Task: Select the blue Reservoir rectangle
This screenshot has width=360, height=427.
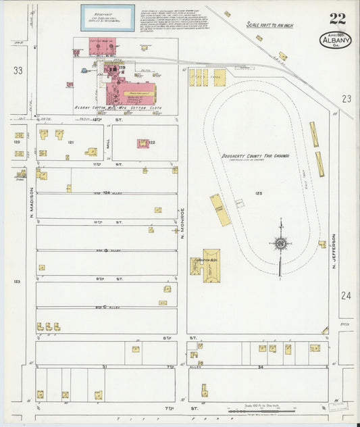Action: pyautogui.click(x=108, y=18)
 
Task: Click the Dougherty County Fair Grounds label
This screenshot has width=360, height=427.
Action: pyautogui.click(x=255, y=157)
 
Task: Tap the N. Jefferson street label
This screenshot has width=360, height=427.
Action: pyautogui.click(x=334, y=254)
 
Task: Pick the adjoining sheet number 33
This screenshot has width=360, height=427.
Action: pyautogui.click(x=18, y=70)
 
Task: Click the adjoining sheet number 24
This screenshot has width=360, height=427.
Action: pyautogui.click(x=346, y=295)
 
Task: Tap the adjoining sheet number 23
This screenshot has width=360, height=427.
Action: pyautogui.click(x=346, y=99)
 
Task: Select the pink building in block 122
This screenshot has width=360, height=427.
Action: pyautogui.click(x=143, y=143)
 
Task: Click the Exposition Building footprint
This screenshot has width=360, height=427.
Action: pyautogui.click(x=205, y=262)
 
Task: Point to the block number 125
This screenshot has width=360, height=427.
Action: pyautogui.click(x=258, y=194)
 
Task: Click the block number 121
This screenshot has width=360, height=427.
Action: pyautogui.click(x=70, y=143)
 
